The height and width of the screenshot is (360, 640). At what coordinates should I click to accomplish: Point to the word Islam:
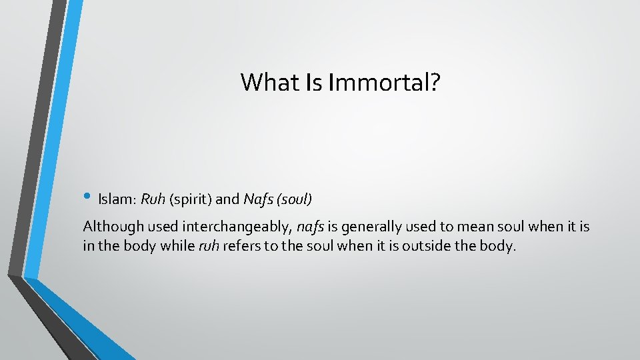(117, 199)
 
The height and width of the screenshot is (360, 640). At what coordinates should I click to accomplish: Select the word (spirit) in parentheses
(191, 199)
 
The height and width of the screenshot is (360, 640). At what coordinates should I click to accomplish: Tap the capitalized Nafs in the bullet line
(257, 199)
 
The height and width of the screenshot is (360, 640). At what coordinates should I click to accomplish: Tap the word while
(179, 246)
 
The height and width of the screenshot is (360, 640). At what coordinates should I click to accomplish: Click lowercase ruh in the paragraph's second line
(209, 246)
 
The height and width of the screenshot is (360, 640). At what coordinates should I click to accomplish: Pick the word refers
(242, 246)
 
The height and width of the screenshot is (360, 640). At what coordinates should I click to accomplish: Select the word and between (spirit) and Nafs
(229, 199)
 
